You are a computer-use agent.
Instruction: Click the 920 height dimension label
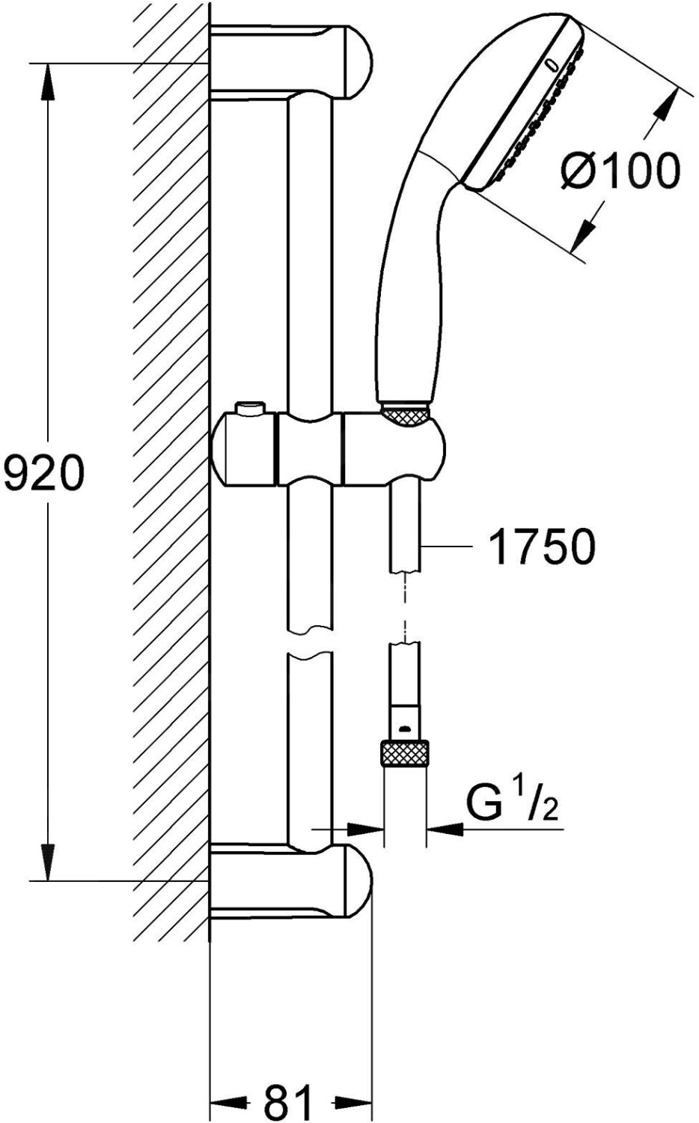(42, 473)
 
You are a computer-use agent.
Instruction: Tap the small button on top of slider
(252, 409)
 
